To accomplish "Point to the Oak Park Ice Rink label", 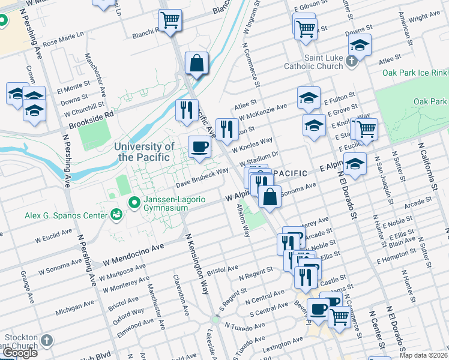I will (x=415, y=73).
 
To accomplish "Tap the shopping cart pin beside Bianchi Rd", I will (x=170, y=20).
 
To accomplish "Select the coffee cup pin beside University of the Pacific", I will (x=200, y=146).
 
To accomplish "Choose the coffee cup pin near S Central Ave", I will (x=319, y=310).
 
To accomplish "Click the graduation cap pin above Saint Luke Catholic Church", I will (x=360, y=44).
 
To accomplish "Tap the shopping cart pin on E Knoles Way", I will (x=366, y=128).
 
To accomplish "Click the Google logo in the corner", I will (x=20, y=353).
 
